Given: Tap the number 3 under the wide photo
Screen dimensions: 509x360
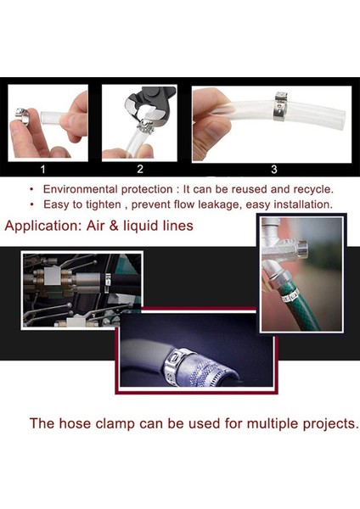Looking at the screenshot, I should [273, 169].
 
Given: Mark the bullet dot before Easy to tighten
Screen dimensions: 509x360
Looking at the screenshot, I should [31, 204].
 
